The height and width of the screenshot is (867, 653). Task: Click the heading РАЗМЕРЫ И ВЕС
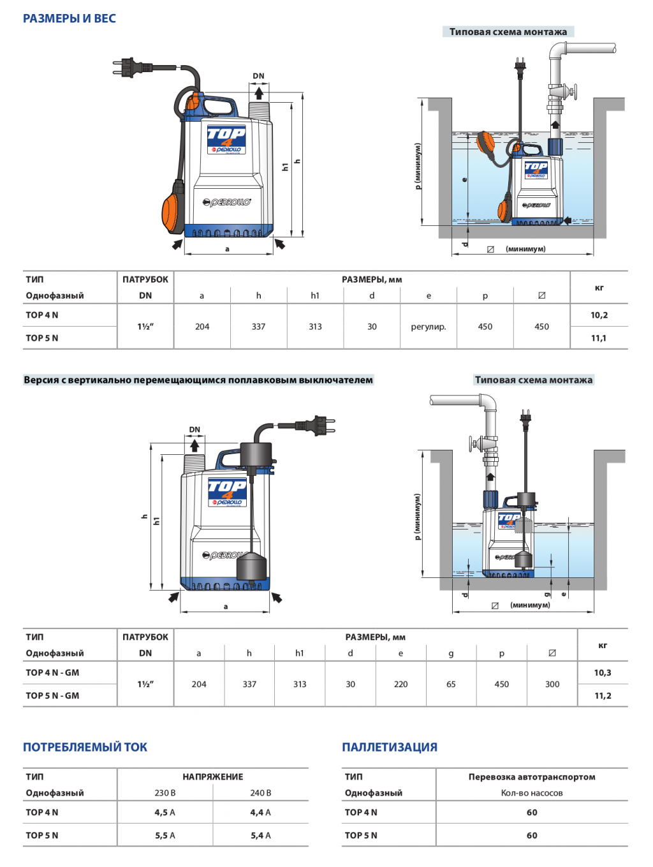pos(69,19)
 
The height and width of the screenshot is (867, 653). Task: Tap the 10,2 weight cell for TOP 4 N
pos(599,315)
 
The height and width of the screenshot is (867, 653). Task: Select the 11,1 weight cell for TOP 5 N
pos(599,337)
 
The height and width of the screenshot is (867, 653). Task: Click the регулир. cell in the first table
pos(429,327)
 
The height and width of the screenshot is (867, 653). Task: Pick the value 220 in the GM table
pos(400,684)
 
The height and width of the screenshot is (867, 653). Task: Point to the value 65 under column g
pos(451,684)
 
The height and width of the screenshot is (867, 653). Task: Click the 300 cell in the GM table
pos(552,684)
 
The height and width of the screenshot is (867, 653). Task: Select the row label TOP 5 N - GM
pos(52,695)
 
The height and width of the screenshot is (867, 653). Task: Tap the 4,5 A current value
pos(165,812)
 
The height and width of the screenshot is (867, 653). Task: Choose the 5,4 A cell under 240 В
pos(261,835)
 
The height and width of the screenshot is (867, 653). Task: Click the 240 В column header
pos(261,793)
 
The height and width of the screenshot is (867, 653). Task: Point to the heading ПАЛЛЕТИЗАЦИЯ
pos(390,747)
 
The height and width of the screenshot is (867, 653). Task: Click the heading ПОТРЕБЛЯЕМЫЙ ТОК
pos(85,747)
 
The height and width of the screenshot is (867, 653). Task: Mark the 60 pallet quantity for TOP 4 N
pos(532,812)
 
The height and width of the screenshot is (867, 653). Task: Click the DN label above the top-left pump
pos(259,76)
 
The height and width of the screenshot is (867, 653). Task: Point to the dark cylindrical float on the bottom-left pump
pos(251,566)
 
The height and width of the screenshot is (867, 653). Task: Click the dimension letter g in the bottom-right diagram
pos(547,594)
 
